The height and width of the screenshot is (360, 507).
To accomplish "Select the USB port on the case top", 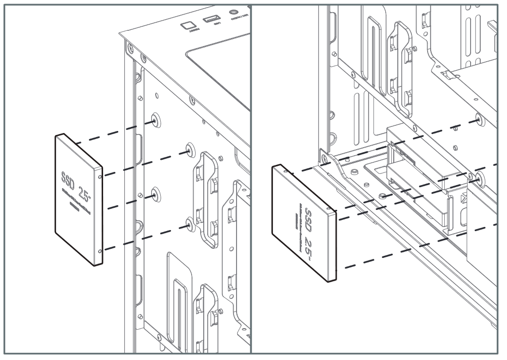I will (x=211, y=20).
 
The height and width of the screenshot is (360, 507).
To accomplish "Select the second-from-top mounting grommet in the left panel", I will (x=189, y=149).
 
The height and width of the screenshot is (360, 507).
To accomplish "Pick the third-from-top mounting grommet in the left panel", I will (x=155, y=192).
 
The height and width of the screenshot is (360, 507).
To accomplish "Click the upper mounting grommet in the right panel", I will (x=479, y=120).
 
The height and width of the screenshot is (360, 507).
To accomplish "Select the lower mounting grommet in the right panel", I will (x=479, y=178).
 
